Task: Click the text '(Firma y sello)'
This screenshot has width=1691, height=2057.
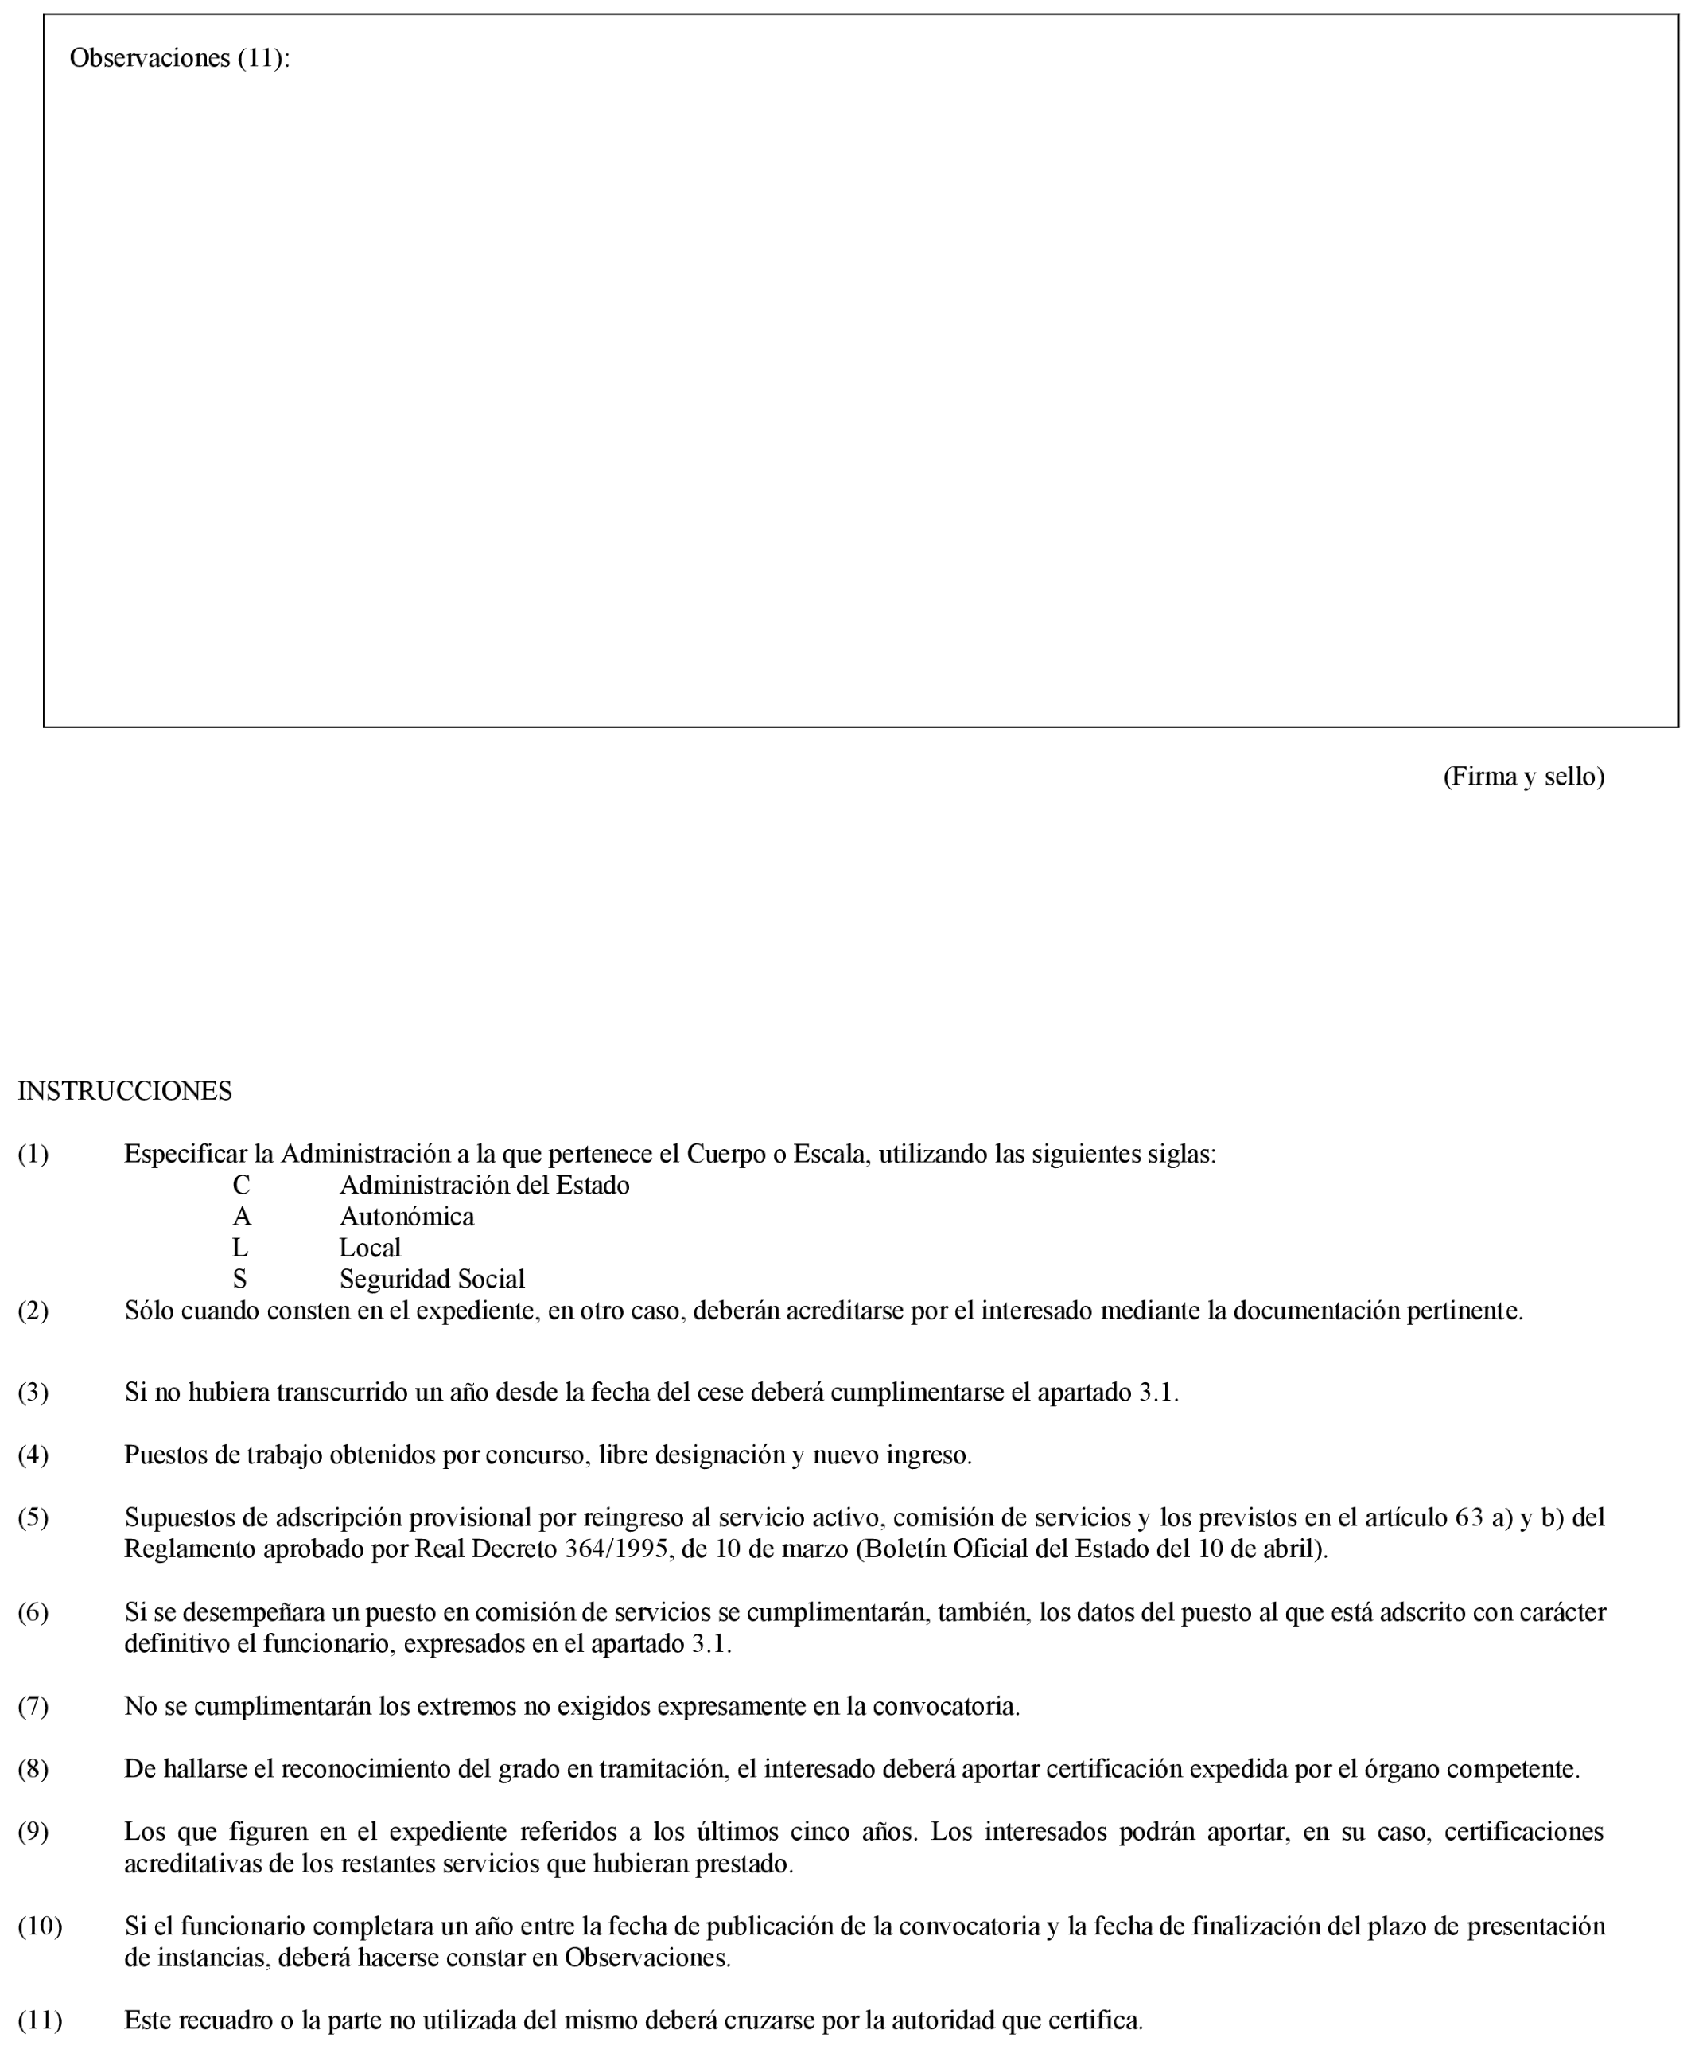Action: pyautogui.click(x=1523, y=776)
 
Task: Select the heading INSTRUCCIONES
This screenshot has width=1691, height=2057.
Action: pyautogui.click(x=125, y=1090)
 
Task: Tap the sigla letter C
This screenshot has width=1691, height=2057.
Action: pyautogui.click(x=240, y=1185)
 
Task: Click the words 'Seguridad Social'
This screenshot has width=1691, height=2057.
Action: pyautogui.click(x=432, y=1279)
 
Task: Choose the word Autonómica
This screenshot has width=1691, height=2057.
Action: pyautogui.click(x=406, y=1216)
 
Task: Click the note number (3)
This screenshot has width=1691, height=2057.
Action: pyautogui.click(x=33, y=1392)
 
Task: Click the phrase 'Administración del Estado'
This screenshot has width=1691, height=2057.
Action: pyautogui.click(x=484, y=1185)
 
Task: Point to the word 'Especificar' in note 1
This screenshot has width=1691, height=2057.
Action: pyautogui.click(x=185, y=1154)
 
